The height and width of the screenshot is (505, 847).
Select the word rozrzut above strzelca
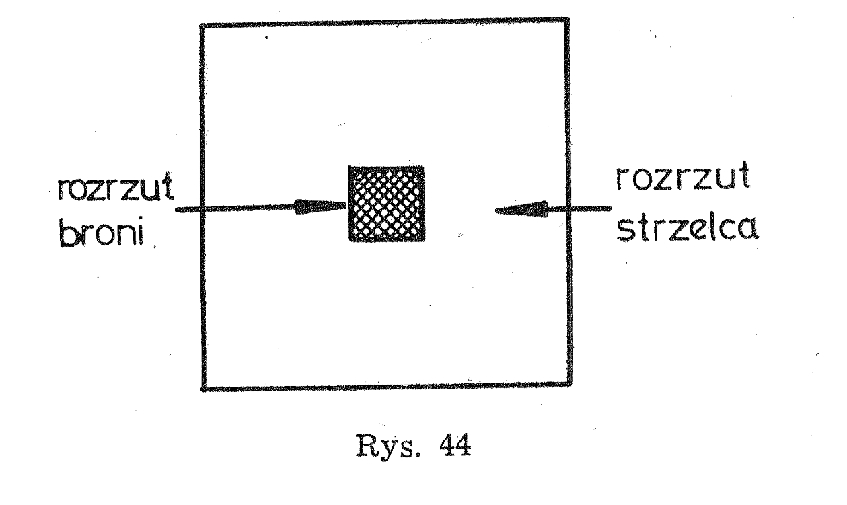[x=683, y=177]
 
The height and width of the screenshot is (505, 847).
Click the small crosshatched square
[x=386, y=203]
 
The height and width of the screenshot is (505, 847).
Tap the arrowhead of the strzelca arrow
[x=521, y=209]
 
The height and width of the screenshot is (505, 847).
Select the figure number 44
[x=455, y=445]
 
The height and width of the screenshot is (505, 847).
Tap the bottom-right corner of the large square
[x=569, y=385]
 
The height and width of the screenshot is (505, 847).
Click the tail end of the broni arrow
[x=177, y=210]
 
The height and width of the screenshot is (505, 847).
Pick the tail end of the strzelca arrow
[x=610, y=208]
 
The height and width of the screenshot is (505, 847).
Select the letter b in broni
[x=67, y=231]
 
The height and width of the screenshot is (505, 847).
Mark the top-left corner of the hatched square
[x=349, y=167]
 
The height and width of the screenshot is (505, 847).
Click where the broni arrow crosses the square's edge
[x=202, y=208]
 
